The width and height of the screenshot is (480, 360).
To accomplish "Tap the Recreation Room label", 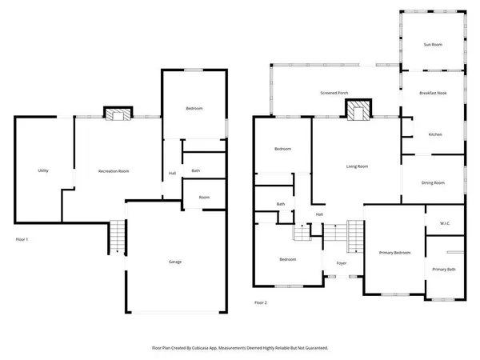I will (114, 171).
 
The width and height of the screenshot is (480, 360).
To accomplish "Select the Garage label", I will (174, 262).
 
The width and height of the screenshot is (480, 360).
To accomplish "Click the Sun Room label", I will (432, 45).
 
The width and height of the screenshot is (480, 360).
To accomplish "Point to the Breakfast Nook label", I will (433, 94).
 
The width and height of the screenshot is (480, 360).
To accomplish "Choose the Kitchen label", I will (435, 134).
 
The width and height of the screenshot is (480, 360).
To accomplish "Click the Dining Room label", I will (433, 183).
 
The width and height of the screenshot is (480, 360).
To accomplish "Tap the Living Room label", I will (357, 166).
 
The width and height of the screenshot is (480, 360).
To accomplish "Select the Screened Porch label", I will (334, 94).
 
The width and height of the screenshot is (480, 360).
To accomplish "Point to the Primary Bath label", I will (444, 270).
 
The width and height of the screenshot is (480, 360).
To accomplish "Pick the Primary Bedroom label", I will (394, 253).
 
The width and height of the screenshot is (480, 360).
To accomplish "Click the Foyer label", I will (341, 262).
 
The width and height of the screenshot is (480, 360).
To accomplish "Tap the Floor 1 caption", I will (22, 239).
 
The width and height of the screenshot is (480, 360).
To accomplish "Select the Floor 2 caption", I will (261, 302).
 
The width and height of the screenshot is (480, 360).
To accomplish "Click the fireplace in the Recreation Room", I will (118, 115).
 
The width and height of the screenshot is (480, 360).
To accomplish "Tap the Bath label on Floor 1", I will (195, 171).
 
